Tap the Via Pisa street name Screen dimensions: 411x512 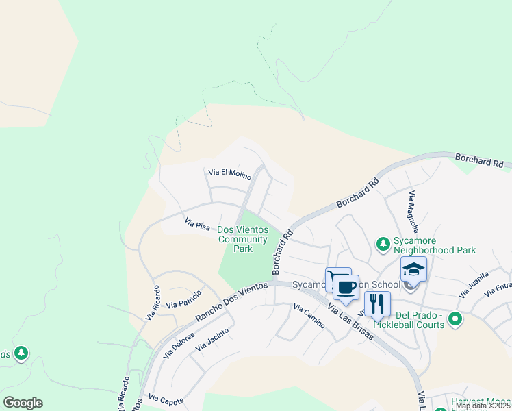[197, 223]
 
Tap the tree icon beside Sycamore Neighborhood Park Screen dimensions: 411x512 [383, 243]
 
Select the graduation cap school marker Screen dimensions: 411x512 [414, 269]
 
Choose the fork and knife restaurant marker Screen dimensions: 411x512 [377, 303]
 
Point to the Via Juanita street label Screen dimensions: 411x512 [474, 284]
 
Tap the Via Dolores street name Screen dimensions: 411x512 [179, 346]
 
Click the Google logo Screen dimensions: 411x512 [23, 403]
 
